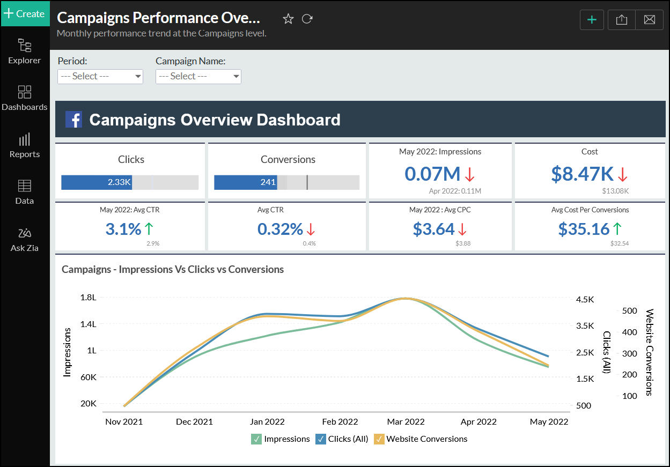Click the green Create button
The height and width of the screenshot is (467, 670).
pos(25,13)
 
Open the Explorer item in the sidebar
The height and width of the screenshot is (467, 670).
pos(25,51)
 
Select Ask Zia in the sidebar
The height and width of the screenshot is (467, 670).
pos(25,239)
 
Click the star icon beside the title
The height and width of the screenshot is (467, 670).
pos(288,19)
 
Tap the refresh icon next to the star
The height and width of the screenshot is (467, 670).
pos(307,19)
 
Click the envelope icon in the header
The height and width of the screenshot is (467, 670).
pos(649,20)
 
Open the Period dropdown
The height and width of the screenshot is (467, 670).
pos(100,76)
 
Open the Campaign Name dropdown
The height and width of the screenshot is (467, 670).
pos(198,76)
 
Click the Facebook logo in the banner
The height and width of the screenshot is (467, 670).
pos(73,120)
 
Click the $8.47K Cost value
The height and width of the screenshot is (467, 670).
pos(582,174)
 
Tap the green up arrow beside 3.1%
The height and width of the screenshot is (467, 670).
pos(149,229)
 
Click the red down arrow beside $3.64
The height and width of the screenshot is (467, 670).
pos(462,229)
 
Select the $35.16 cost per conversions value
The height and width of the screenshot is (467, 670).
pos(584,229)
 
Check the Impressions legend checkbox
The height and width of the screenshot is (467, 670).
pos(256,439)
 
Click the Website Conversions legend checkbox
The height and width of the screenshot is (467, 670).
pos(379,439)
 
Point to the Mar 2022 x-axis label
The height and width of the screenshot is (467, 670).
pos(406,422)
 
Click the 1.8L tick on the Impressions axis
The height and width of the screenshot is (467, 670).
pos(88,298)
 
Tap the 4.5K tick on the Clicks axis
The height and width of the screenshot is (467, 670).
pos(585,300)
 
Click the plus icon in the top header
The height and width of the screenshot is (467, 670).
pos(592,20)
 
